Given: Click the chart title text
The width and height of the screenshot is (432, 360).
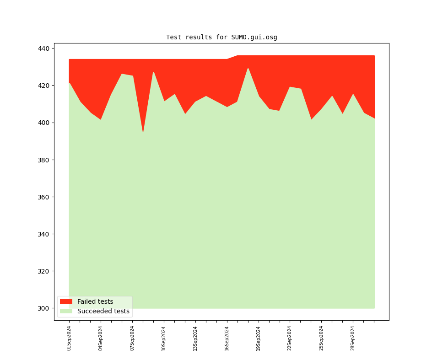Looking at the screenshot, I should point(221,37).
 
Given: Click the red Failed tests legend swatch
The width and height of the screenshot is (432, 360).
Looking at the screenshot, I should point(66,301).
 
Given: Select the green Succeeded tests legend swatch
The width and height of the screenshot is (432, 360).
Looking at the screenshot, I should point(66,311).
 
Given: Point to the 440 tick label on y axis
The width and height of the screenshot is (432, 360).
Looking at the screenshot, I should point(45,48).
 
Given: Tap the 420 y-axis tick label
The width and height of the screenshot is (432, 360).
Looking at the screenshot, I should point(45,86).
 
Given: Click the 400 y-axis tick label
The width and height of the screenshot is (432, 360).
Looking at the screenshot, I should point(45,123).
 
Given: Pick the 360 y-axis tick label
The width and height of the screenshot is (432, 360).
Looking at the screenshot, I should point(45,197).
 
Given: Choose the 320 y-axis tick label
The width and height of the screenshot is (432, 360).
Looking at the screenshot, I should point(45,271).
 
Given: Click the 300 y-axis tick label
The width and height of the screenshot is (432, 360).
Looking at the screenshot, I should point(45,308).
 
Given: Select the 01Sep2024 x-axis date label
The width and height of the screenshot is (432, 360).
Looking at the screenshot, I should point(69,338).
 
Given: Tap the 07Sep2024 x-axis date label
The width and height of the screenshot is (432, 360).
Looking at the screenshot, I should point(132,338).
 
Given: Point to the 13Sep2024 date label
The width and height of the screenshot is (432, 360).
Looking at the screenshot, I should point(195,338).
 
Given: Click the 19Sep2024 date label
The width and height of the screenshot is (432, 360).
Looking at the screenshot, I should point(259,338).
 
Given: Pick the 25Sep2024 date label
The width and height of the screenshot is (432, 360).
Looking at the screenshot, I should point(321,338).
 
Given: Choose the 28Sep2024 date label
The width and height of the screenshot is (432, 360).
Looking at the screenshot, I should point(353,338).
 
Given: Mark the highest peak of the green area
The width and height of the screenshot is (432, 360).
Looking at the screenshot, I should point(248,69).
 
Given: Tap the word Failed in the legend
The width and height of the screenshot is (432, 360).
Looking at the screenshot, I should point(86,301).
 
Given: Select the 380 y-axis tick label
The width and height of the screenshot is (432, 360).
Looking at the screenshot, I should point(45,160).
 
